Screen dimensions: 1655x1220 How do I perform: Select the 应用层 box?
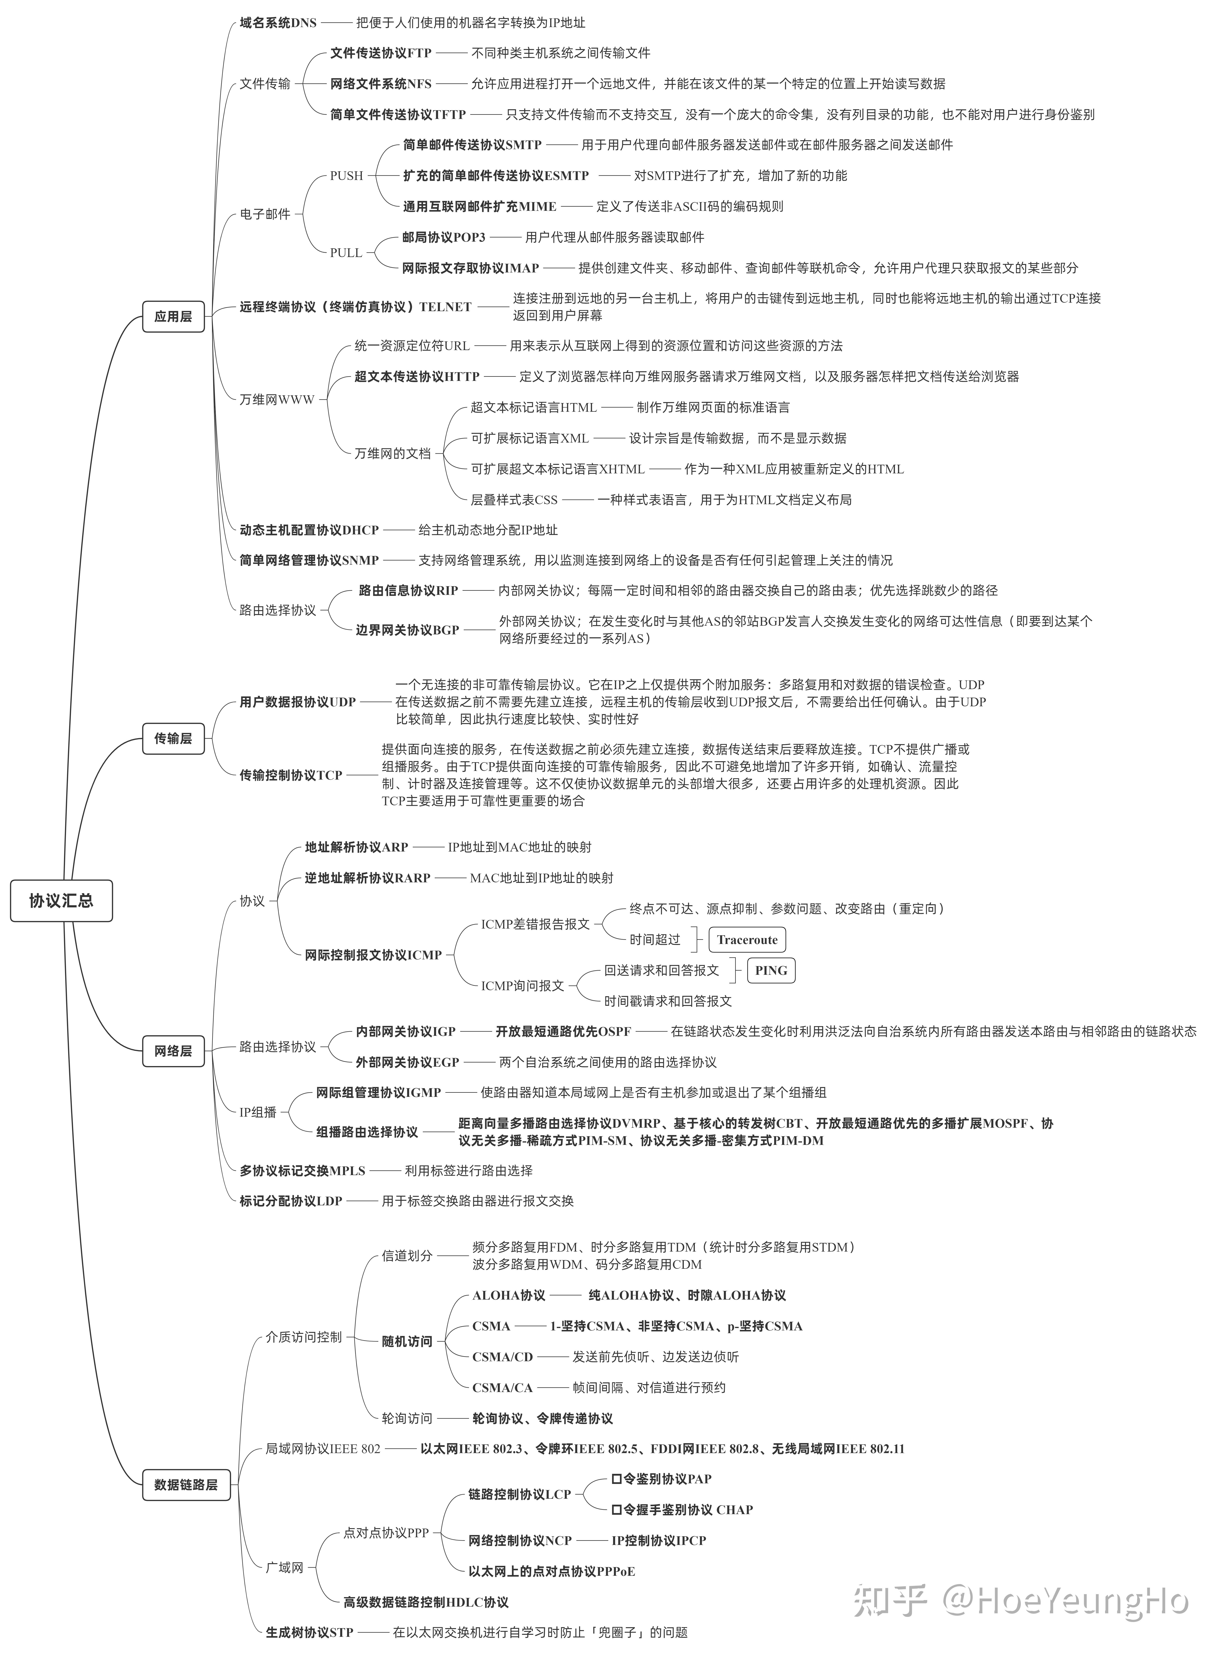[x=173, y=316]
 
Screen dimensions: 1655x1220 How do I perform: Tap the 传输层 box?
[x=173, y=738]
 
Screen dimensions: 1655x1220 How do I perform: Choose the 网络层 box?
[x=173, y=1050]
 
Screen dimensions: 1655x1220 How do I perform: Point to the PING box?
[x=771, y=970]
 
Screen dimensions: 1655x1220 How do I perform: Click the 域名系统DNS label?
[x=278, y=23]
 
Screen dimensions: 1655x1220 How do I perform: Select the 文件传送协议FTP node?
[x=380, y=53]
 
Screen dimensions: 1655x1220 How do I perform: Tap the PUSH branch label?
[x=346, y=176]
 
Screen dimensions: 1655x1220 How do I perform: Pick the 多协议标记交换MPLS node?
[x=302, y=1171]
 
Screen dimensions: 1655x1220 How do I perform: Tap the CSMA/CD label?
[x=502, y=1357]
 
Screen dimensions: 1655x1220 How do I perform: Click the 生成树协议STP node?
[x=309, y=1626]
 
